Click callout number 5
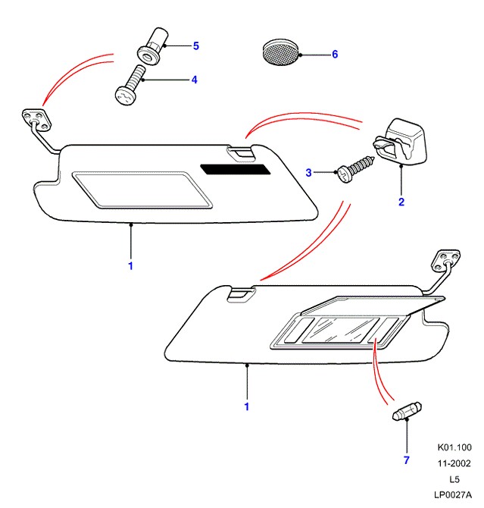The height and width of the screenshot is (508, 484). click(195, 46)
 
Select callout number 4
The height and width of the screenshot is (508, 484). click(195, 79)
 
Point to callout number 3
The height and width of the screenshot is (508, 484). click(308, 173)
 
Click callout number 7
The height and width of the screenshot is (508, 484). click(405, 459)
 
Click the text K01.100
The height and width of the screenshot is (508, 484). click(454, 448)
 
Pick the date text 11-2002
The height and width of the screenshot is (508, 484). click(454, 464)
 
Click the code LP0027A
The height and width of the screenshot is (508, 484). click(452, 495)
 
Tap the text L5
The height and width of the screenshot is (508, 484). click(454, 480)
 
